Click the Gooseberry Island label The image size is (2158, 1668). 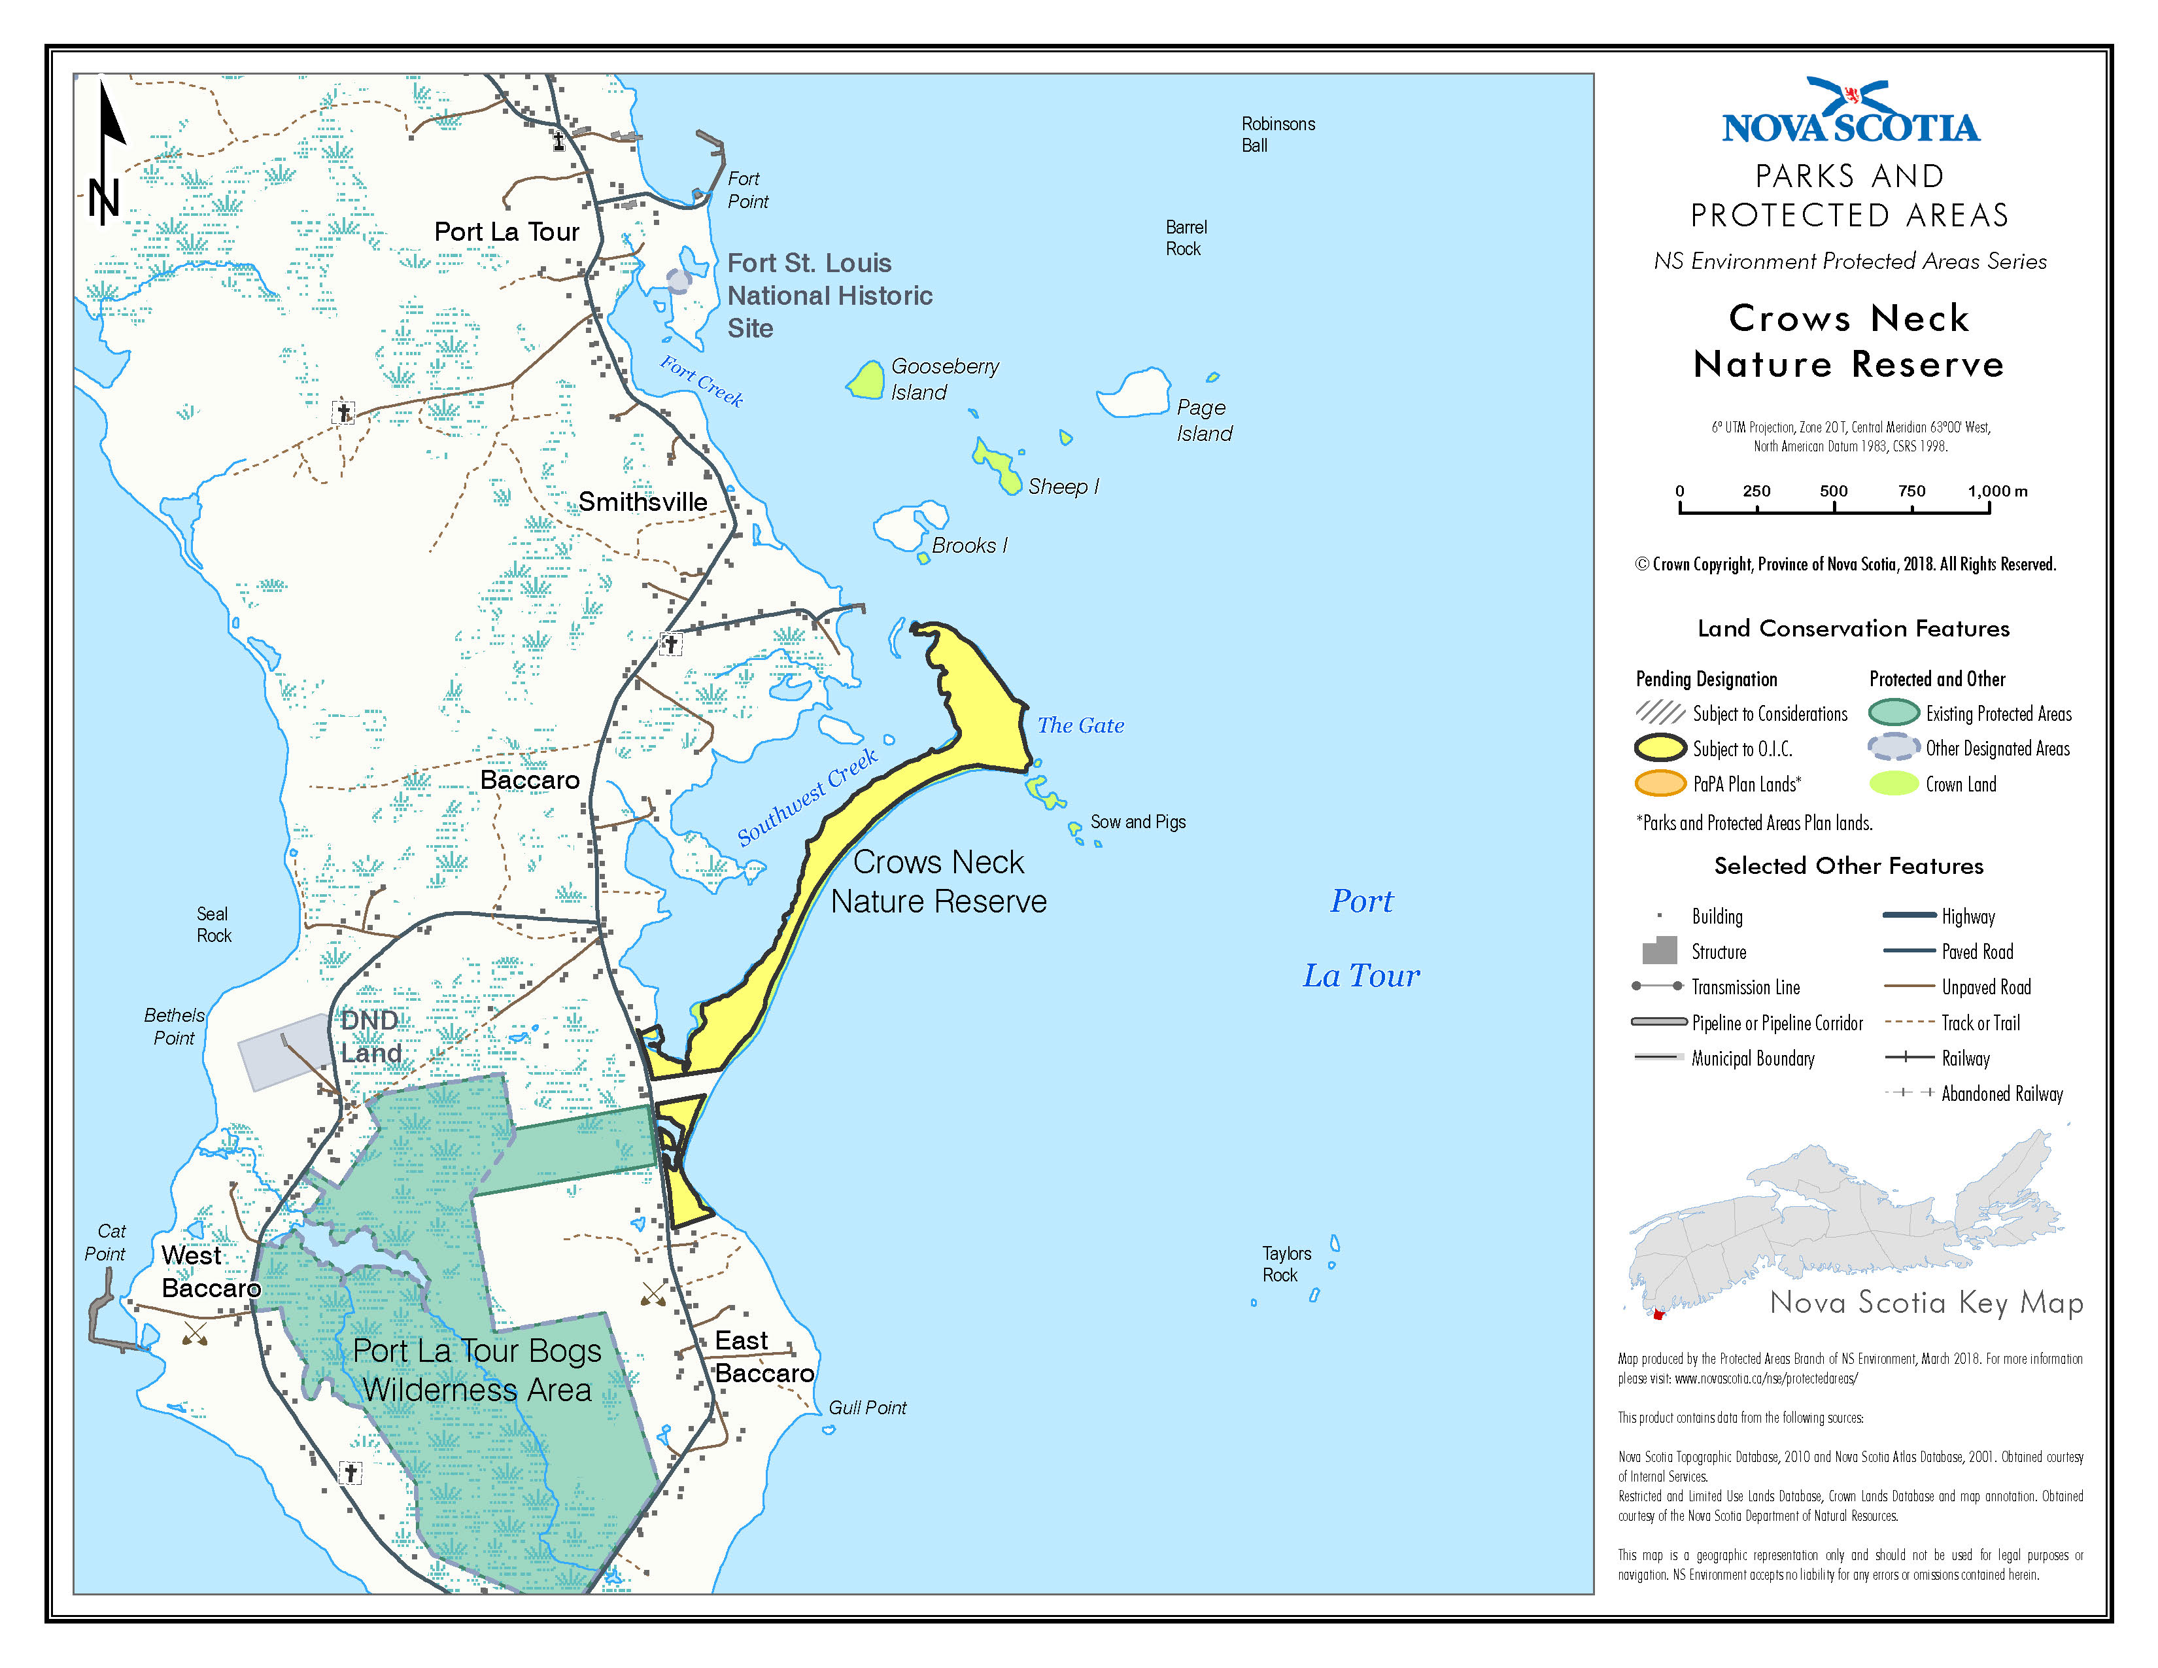tap(944, 379)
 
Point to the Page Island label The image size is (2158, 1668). tap(1203, 420)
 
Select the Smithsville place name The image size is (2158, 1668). tap(642, 502)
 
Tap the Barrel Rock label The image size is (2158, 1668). tap(1185, 238)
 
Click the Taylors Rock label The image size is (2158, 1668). tap(1286, 1264)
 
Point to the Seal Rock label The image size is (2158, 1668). tap(213, 925)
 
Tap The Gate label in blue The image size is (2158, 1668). tap(1080, 725)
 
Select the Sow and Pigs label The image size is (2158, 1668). tap(1137, 822)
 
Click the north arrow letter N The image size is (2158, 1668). tap(104, 201)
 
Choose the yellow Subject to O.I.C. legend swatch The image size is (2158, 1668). tap(1659, 748)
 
